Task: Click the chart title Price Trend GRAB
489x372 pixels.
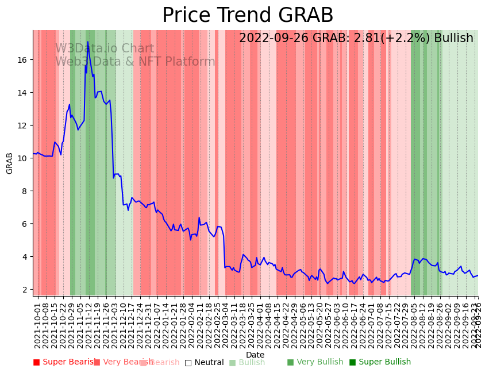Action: click(x=248, y=16)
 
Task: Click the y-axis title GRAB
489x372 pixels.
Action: click(x=10, y=163)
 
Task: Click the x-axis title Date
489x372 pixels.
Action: click(x=255, y=355)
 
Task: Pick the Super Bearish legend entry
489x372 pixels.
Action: click(x=64, y=362)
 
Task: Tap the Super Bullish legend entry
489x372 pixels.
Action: click(x=380, y=362)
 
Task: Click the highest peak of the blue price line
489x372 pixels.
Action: click(x=88, y=42)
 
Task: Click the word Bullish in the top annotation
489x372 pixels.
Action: click(x=453, y=38)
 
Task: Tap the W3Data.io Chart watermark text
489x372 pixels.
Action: click(x=105, y=49)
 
